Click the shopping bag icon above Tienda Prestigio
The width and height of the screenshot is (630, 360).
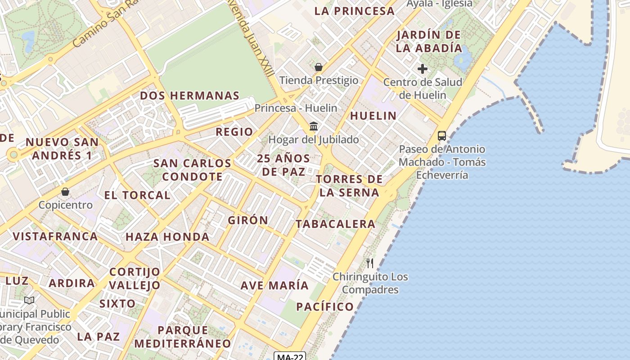(x=319, y=67)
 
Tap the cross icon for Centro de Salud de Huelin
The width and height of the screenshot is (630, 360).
(x=422, y=69)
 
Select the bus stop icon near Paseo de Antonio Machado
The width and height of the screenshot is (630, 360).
(x=442, y=135)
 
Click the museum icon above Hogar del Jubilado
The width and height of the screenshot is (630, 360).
(x=314, y=126)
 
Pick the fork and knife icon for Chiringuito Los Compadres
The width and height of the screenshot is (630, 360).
(x=370, y=263)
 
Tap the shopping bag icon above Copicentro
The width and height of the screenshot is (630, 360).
(x=65, y=192)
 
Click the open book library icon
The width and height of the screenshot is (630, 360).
(x=29, y=300)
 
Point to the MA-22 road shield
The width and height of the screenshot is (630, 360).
(x=290, y=357)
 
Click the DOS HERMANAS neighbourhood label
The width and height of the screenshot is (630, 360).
(x=189, y=95)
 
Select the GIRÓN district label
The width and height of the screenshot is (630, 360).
(x=248, y=220)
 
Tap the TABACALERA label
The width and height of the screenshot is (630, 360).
(x=335, y=224)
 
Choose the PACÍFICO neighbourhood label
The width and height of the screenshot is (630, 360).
(x=325, y=307)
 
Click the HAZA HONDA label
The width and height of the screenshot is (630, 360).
(x=167, y=237)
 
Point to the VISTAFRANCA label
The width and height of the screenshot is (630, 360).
(x=55, y=236)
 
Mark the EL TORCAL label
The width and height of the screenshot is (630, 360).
(x=137, y=195)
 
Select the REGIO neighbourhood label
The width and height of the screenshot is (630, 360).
(x=234, y=132)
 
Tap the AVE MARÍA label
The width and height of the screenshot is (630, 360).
(x=274, y=285)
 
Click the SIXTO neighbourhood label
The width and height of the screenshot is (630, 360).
(x=117, y=303)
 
